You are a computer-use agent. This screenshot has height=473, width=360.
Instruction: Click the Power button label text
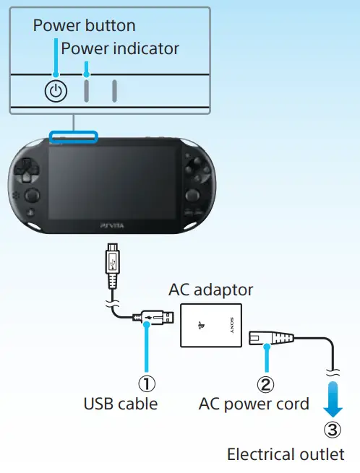[84, 26]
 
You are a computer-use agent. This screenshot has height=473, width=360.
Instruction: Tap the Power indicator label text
[119, 49]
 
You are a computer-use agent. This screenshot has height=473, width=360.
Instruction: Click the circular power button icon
[56, 91]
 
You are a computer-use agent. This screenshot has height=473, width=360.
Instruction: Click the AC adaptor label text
[210, 290]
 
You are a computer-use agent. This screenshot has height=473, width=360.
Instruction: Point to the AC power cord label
[254, 403]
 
